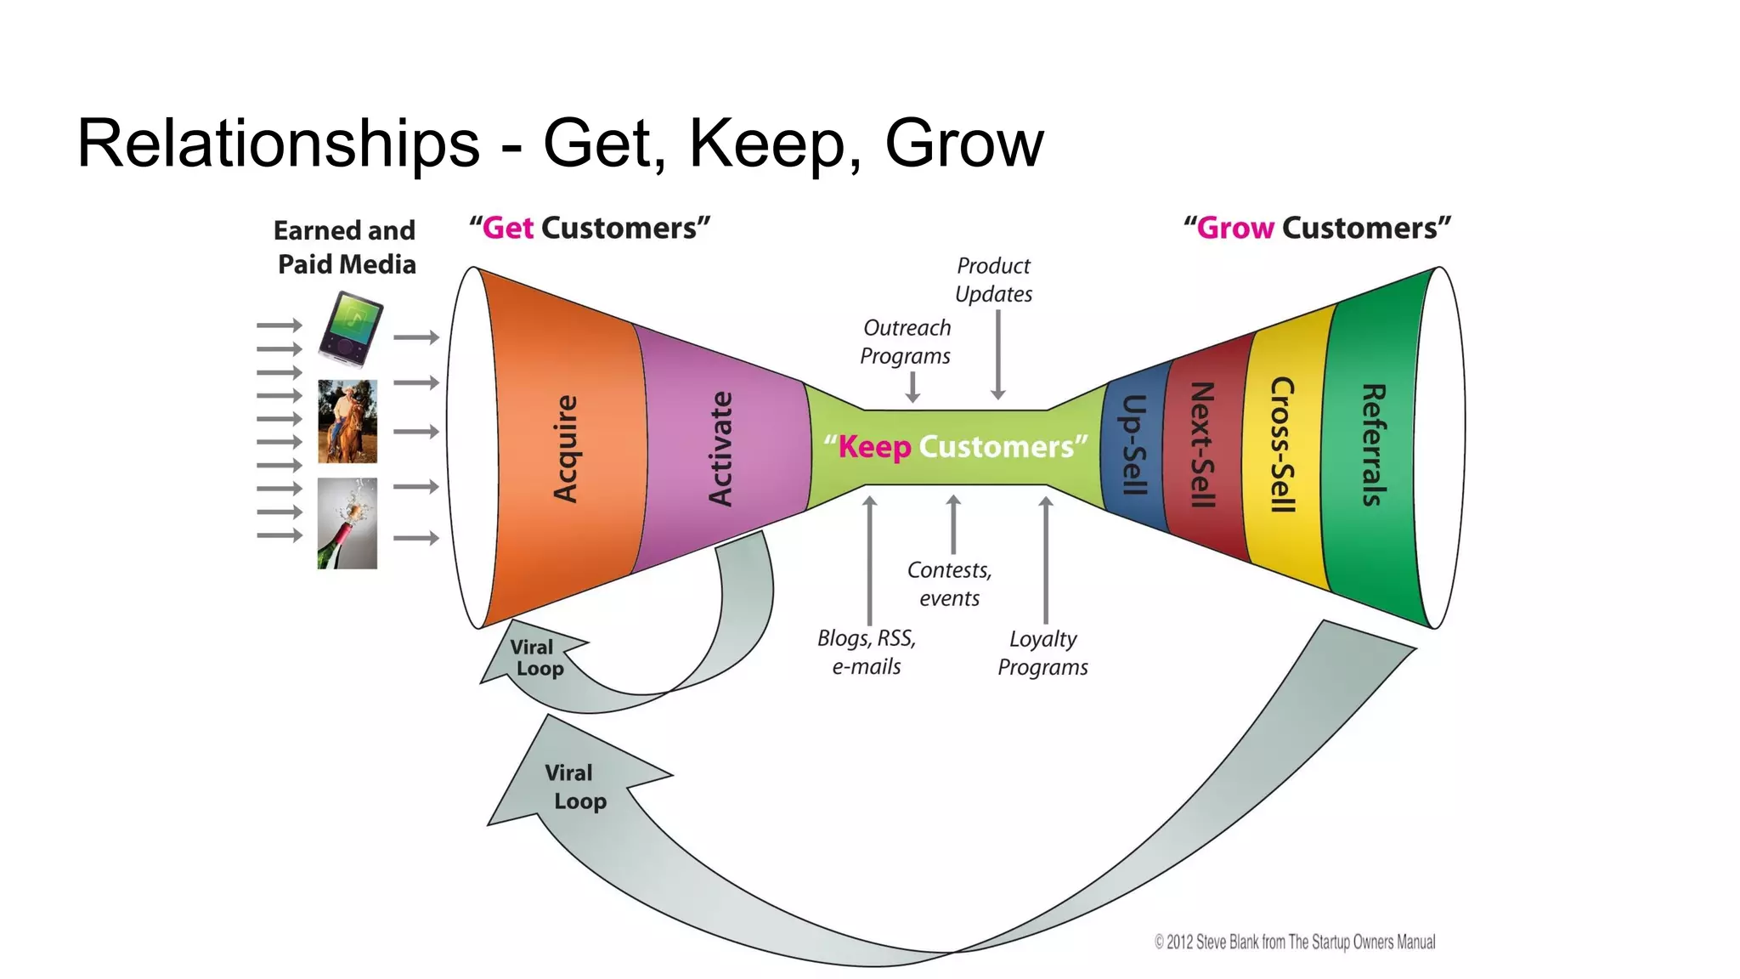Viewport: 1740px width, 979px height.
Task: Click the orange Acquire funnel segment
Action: [x=565, y=449]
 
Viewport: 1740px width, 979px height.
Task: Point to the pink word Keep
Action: [x=874, y=447]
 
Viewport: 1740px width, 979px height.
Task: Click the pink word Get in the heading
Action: [x=507, y=228]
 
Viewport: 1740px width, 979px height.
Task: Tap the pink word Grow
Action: [x=1234, y=228]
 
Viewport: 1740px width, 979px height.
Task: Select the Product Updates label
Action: [x=993, y=280]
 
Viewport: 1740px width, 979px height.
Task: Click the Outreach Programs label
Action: [x=906, y=342]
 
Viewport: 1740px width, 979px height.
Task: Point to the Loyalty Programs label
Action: [x=1042, y=653]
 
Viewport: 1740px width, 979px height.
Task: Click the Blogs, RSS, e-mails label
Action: [x=867, y=652]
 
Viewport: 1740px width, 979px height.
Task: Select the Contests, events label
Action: [x=949, y=584]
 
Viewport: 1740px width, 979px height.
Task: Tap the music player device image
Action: [x=350, y=328]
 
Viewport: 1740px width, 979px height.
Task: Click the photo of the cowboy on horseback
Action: [x=347, y=422]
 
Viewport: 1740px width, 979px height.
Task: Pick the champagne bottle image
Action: [x=347, y=523]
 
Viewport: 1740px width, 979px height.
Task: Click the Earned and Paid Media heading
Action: [x=346, y=247]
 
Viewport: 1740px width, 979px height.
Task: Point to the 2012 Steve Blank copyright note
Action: [x=1294, y=942]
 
